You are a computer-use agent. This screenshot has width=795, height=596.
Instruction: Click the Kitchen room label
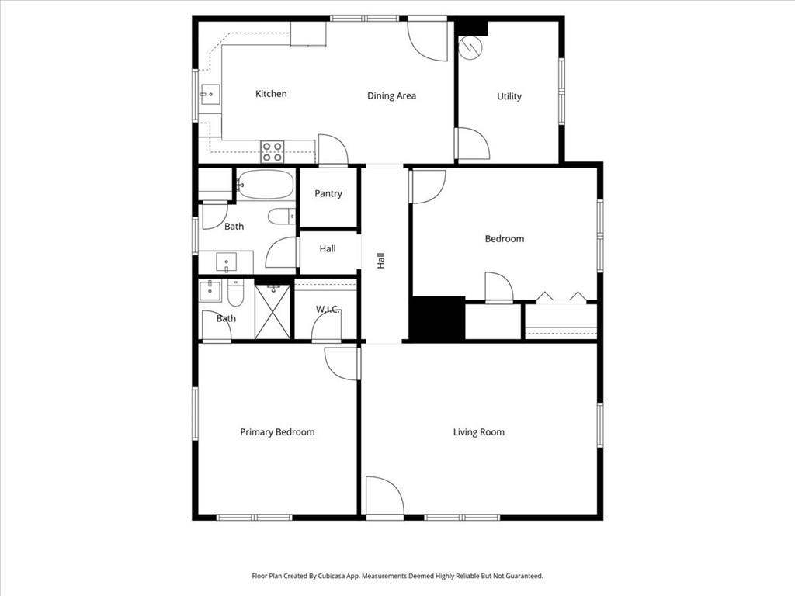[x=271, y=94]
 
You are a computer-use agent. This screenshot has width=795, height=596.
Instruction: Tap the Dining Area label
[x=391, y=96]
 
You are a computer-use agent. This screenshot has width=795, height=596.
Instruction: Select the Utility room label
[x=509, y=96]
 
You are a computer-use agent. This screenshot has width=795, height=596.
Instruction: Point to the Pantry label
[x=328, y=193]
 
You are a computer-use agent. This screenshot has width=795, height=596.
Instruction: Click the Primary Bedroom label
[x=277, y=432]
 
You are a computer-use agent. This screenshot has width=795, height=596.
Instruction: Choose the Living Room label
[x=479, y=432]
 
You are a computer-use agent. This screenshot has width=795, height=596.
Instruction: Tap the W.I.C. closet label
[x=328, y=310]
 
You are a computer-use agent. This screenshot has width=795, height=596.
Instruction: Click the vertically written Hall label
[x=381, y=261]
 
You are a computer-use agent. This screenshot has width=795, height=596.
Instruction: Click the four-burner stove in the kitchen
[x=272, y=151]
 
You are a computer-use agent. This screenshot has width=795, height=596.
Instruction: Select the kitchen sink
[x=207, y=95]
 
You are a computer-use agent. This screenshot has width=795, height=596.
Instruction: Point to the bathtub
[x=266, y=185]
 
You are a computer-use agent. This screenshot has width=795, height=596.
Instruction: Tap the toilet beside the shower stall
[x=236, y=293]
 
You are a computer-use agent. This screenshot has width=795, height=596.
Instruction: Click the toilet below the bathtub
[x=280, y=216]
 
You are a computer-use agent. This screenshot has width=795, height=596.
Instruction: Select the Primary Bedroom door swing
[x=342, y=363]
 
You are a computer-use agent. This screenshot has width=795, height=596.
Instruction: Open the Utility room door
[x=471, y=144]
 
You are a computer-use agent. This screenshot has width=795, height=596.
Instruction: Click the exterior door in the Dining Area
[x=428, y=40]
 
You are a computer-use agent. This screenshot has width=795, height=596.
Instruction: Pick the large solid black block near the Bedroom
[x=436, y=318]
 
